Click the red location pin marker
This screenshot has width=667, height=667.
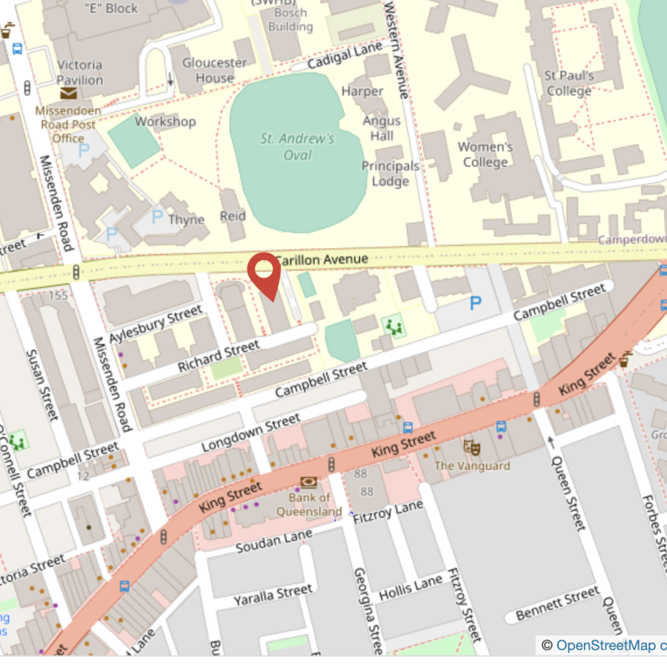[x=264, y=274]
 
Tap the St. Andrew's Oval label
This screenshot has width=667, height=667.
[x=297, y=147]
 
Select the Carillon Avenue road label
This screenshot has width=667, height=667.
[x=322, y=259]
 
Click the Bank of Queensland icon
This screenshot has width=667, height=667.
[x=308, y=482]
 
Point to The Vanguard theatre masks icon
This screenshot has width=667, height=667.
[x=472, y=448]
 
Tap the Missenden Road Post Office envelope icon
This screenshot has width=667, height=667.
[x=68, y=93]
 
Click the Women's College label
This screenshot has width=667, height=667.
[x=485, y=154]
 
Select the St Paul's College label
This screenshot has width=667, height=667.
[x=569, y=84]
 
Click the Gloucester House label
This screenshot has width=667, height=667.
[x=215, y=70]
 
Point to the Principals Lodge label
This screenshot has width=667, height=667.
[x=391, y=173]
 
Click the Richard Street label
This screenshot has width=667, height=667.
[x=219, y=356]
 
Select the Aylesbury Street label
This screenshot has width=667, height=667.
[x=155, y=325]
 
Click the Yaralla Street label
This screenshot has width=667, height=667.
[x=273, y=594]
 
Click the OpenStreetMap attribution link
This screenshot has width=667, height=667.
[x=605, y=646]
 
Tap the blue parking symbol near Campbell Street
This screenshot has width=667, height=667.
[x=476, y=303]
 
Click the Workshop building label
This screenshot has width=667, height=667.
[x=165, y=122]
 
